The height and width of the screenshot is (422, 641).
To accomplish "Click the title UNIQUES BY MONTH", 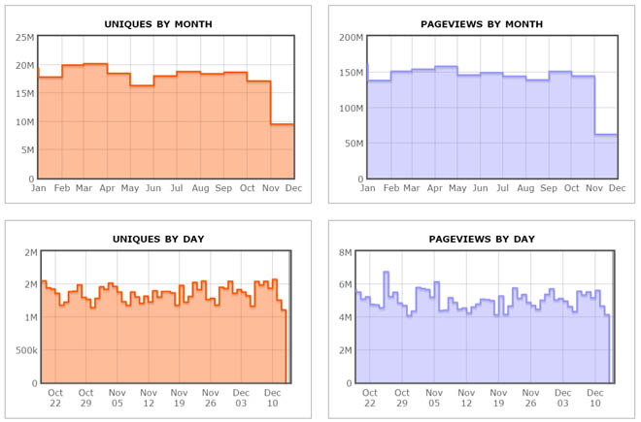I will (160, 23).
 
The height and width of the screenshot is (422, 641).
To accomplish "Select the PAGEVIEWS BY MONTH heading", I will (482, 23).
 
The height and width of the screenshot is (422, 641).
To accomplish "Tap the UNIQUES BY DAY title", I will (160, 238).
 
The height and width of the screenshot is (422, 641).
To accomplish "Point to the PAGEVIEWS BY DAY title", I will (482, 238).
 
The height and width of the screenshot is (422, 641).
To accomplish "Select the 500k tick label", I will (19, 349).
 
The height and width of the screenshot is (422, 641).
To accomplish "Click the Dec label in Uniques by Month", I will (292, 188).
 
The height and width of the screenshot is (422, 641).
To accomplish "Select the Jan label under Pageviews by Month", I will (367, 188).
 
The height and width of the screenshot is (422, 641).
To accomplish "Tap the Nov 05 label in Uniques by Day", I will (118, 398).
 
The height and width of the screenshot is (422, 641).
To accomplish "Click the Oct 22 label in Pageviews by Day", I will (369, 398).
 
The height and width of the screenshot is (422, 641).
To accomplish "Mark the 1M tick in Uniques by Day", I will (24, 317).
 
